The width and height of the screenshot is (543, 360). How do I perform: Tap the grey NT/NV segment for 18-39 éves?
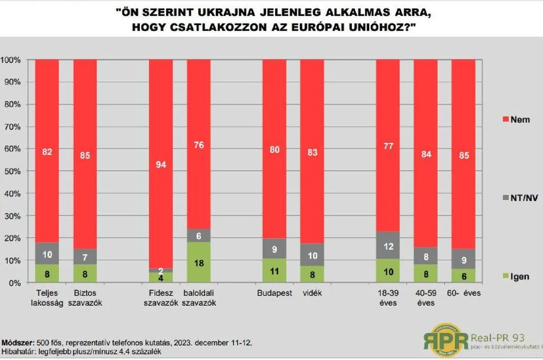[x=388, y=246]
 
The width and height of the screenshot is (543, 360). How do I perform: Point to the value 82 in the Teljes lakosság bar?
[x=47, y=152]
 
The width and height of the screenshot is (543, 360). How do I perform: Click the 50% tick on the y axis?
[x=13, y=171]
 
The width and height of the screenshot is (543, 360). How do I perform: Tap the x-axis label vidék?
[x=312, y=293]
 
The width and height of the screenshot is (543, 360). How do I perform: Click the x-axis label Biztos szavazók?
[x=85, y=298]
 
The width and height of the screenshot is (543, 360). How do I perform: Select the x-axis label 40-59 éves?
[x=425, y=298]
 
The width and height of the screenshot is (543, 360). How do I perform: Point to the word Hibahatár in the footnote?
[x=17, y=351]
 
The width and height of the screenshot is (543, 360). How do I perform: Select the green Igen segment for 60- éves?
[x=463, y=275]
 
